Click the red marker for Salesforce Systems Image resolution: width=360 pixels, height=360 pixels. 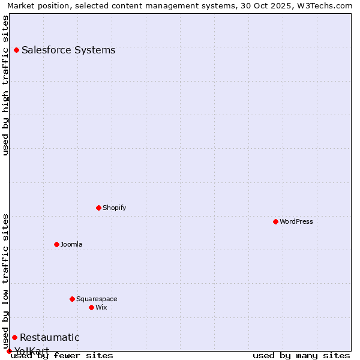(16, 50)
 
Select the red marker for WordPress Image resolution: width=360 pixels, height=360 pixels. (275, 221)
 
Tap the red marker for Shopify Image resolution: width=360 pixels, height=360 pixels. (98, 208)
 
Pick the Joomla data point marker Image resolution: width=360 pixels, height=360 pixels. (56, 244)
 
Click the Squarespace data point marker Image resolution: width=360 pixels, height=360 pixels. (72, 299)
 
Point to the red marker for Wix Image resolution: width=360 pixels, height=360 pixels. (91, 307)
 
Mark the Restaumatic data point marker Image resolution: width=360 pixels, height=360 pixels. (14, 337)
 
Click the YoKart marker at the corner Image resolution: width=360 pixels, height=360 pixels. (9, 351)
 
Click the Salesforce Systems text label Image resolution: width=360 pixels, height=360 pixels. (68, 50)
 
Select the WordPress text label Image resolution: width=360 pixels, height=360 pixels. (296, 221)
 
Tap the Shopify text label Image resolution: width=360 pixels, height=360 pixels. (114, 208)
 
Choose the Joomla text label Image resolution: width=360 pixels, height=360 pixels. (71, 244)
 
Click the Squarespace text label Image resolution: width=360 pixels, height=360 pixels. (97, 299)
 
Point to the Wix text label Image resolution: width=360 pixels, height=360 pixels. (101, 307)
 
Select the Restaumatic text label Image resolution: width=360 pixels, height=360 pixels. (49, 337)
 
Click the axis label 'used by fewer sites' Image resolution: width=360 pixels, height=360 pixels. (62, 356)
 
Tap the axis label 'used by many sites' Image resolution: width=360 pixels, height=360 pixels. (301, 356)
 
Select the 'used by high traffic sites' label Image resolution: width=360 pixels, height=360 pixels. (5, 85)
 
